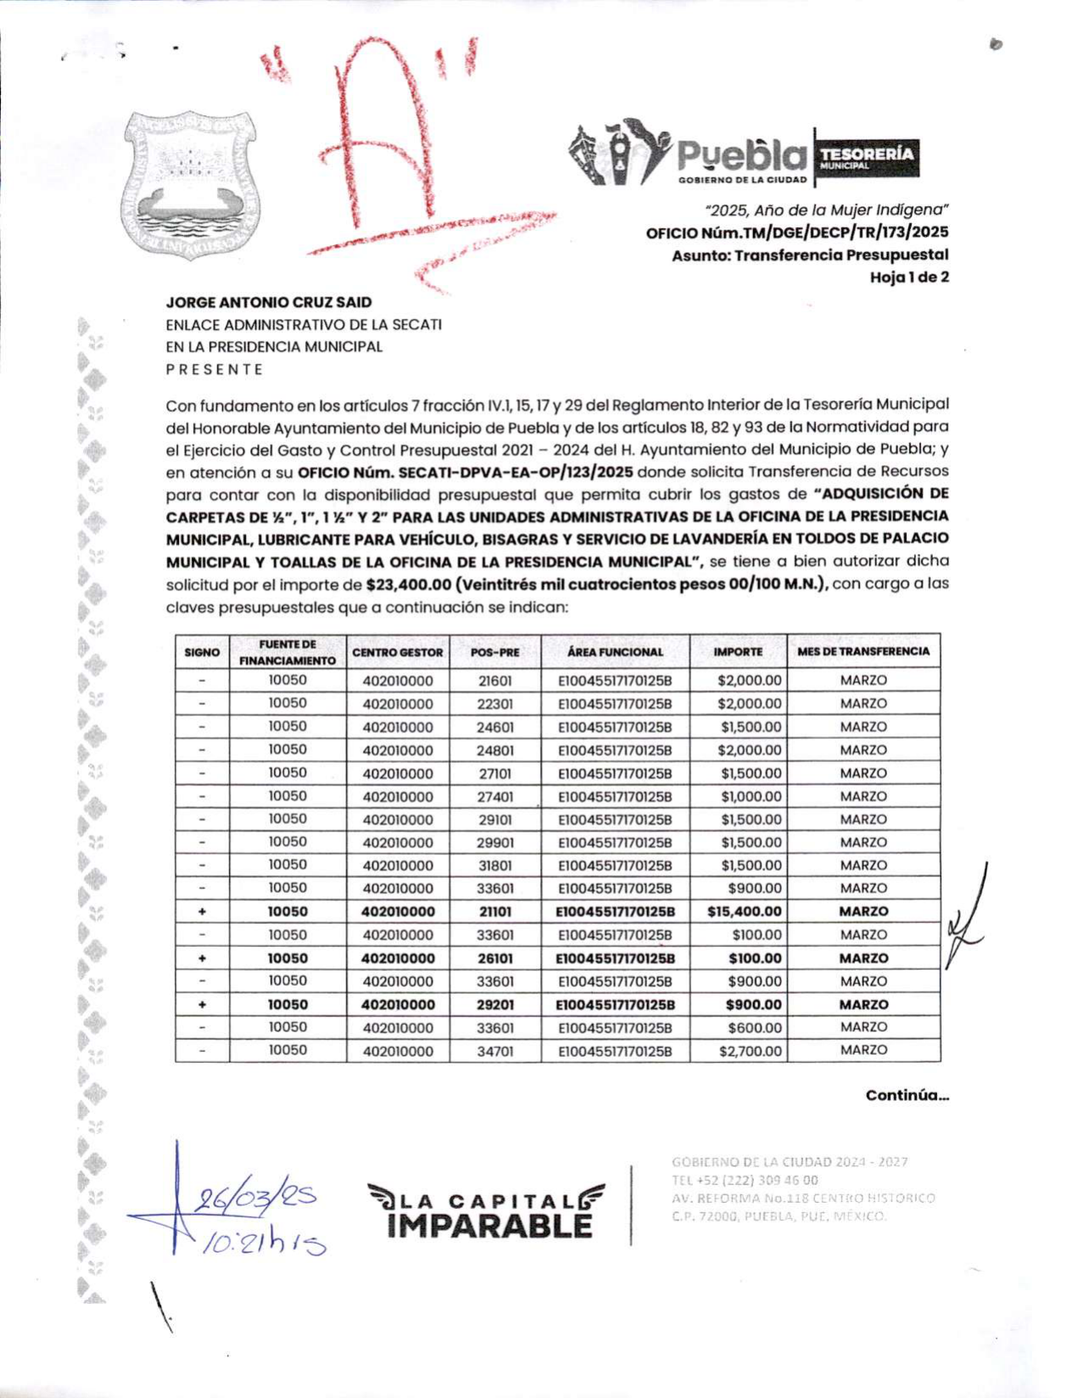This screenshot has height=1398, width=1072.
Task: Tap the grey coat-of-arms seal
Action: pyautogui.click(x=190, y=185)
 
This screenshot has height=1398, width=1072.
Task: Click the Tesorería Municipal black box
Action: pyautogui.click(x=866, y=158)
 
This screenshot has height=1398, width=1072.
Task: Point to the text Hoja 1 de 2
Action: pyautogui.click(x=909, y=277)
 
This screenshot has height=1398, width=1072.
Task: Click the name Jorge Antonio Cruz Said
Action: pyautogui.click(x=269, y=302)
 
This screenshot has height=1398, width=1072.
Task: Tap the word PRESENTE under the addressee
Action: pyautogui.click(x=215, y=370)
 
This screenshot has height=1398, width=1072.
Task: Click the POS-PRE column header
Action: pyautogui.click(x=494, y=652)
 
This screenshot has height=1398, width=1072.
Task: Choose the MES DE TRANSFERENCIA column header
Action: pyautogui.click(x=863, y=651)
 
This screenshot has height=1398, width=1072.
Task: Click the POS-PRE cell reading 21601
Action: pyautogui.click(x=495, y=680)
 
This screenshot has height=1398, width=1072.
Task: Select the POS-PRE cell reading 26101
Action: pyautogui.click(x=495, y=959)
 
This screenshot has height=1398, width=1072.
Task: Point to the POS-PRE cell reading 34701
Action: pyautogui.click(x=495, y=1051)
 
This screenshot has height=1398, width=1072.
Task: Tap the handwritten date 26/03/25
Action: pyautogui.click(x=254, y=1199)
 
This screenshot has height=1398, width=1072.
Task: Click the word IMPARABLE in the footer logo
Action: pyautogui.click(x=489, y=1226)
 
